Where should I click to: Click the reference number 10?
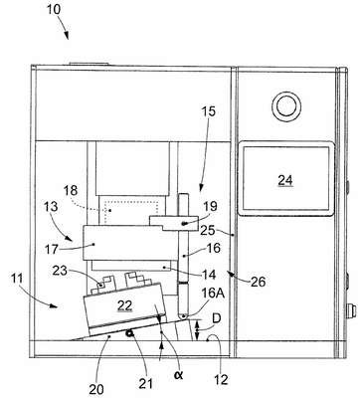[54, 9]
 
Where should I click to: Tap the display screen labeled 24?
[285, 178]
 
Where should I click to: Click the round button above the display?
[286, 106]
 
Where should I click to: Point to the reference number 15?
[208, 111]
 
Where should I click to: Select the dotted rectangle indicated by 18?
[131, 212]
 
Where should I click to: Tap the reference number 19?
[210, 206]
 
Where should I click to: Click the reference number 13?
[50, 207]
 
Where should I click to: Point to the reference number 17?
[52, 249]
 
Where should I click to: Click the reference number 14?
[209, 275]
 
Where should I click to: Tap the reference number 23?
[60, 271]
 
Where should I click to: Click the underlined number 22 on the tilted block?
[124, 305]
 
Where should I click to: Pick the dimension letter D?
[216, 318]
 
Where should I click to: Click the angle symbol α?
[179, 375]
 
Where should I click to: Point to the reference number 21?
[146, 383]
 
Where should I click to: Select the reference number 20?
[96, 389]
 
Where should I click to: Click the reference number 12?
[221, 379]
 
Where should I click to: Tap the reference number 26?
[258, 282]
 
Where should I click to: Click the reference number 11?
[17, 279]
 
